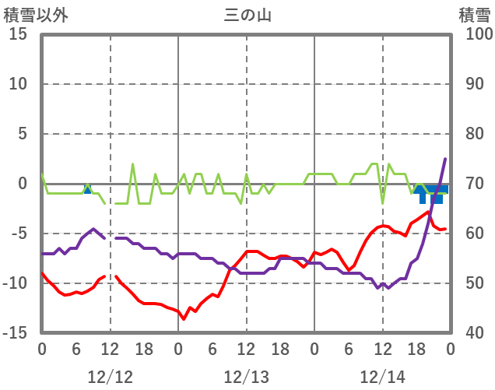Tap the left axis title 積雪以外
point(32,15)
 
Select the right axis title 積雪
point(474,15)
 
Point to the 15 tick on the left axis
point(18,34)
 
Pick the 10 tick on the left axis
point(18,84)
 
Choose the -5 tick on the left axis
point(18,234)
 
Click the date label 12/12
point(110,377)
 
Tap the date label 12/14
point(382,377)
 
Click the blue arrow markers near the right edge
point(430,192)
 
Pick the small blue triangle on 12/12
point(87,189)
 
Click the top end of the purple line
point(445,159)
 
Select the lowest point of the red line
point(184,318)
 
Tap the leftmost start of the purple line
point(42,254)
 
